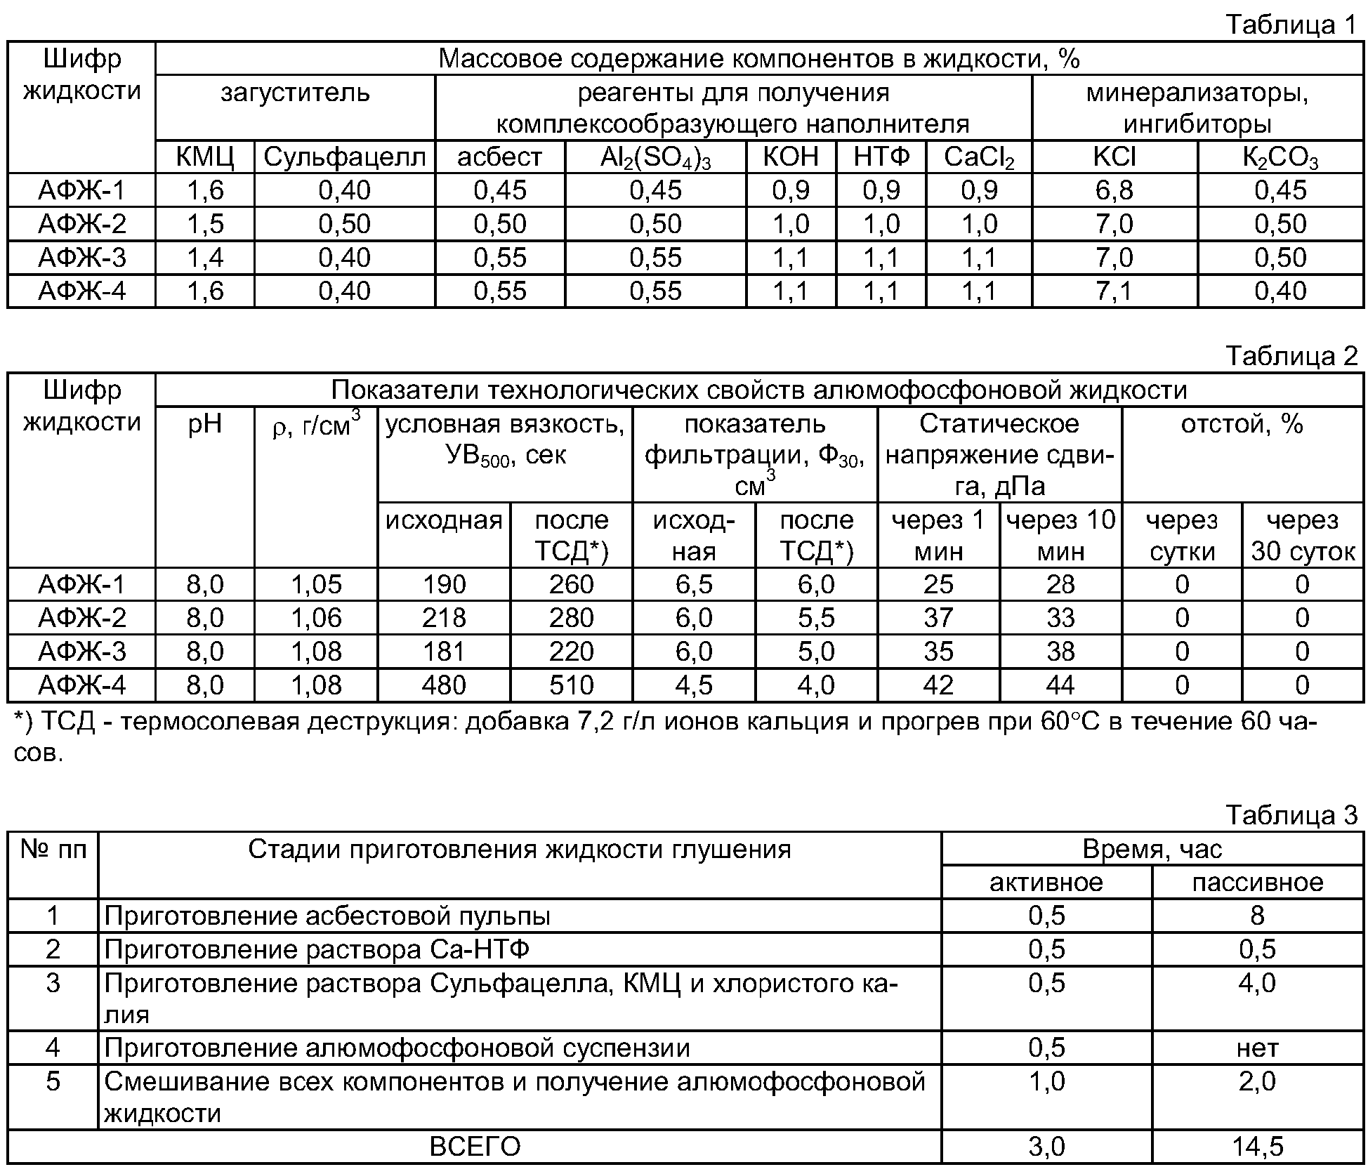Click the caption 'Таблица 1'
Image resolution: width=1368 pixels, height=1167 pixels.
pyautogui.click(x=1291, y=25)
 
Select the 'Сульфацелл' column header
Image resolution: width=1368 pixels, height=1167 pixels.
pyautogui.click(x=344, y=157)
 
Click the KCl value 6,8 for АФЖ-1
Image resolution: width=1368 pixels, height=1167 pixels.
pyautogui.click(x=1114, y=190)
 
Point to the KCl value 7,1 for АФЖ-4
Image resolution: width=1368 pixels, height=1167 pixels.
pyautogui.click(x=1114, y=291)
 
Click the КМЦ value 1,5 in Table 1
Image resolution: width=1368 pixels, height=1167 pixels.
pyautogui.click(x=205, y=224)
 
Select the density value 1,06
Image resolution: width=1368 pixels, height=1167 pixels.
pyautogui.click(x=316, y=618)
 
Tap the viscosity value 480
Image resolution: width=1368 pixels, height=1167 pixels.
pyautogui.click(x=444, y=685)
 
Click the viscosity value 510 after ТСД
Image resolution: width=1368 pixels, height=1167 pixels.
pyautogui.click(x=572, y=685)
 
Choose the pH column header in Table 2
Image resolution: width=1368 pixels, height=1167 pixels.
pyautogui.click(x=205, y=424)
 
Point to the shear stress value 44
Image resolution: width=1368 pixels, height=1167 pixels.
pyautogui.click(x=1060, y=685)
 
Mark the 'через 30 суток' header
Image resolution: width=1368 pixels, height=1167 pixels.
pyautogui.click(x=1303, y=535)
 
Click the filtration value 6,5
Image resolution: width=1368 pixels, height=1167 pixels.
pyautogui.click(x=694, y=584)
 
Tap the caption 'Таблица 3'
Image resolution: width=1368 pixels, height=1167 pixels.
pyautogui.click(x=1291, y=815)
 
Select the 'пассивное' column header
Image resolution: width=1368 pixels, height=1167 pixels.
pyautogui.click(x=1257, y=882)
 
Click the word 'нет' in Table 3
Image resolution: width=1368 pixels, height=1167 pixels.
pyautogui.click(x=1257, y=1048)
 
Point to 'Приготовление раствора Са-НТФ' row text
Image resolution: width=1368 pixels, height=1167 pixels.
pyautogui.click(x=317, y=949)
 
